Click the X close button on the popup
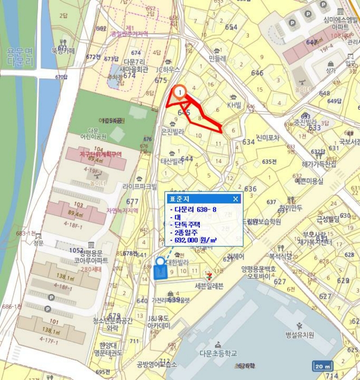[x=236, y=199]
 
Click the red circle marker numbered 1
[x=179, y=92]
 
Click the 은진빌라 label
[x=173, y=131]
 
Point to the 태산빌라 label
[x=173, y=161]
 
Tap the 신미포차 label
[x=268, y=138]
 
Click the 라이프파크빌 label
[x=140, y=186]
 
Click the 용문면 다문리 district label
[x=20, y=57]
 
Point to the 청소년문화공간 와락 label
[x=112, y=324]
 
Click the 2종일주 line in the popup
[x=187, y=232]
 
